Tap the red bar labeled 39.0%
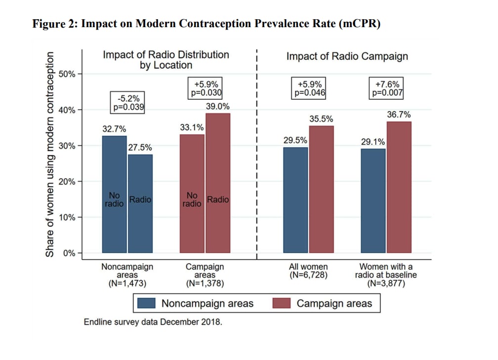218,183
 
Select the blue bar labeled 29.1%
373,200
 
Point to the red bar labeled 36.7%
399,187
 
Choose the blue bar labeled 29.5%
295,200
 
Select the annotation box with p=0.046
310,88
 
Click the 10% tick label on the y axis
67,217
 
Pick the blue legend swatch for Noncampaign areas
147,303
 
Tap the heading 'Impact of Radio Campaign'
347,56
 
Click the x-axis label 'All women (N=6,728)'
308,271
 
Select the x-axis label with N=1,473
127,275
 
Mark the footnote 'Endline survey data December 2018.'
153,321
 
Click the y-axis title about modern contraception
50,153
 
